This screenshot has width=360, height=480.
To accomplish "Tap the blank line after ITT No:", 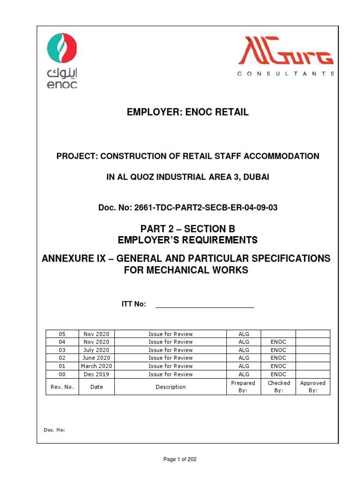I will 204,304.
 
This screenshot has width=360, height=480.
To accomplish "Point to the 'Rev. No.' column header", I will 62,387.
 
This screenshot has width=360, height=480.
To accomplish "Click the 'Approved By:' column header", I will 313,387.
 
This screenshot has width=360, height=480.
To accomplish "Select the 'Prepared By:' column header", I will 243,387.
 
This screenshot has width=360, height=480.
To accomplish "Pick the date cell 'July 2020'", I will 96,350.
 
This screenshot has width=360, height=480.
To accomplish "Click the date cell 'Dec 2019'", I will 96,374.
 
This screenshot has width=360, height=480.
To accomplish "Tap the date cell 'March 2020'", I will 96,366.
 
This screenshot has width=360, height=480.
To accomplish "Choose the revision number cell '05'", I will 62,334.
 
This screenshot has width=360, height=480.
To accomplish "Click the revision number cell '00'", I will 62,374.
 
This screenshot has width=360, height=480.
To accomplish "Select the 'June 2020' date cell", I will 96,358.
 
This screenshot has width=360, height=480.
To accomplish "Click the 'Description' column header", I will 171,387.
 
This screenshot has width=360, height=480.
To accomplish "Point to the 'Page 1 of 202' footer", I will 180,459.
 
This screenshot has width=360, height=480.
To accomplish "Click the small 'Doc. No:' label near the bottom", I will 55,429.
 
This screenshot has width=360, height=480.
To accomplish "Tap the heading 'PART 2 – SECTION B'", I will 187,229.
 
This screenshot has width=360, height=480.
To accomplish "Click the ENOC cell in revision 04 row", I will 278,342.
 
